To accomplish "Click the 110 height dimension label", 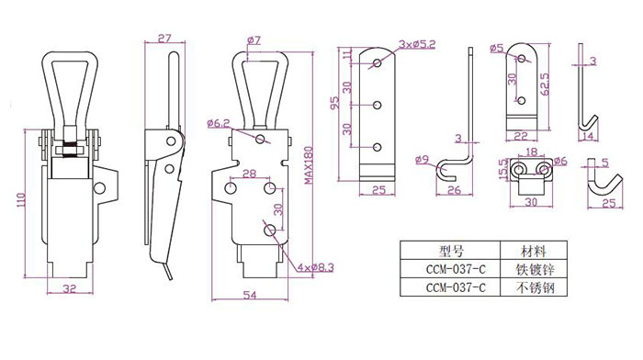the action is tap(21, 199).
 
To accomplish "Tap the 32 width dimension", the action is tap(70, 288).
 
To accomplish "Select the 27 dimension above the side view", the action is tap(164, 39).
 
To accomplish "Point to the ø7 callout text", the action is tap(254, 40).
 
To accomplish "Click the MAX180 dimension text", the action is tap(309, 165).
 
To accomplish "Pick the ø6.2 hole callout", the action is tap(219, 123).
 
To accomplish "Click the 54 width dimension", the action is tap(250, 295).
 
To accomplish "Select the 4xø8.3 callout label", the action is tap(316, 268).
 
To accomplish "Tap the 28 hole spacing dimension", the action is tap(249, 174).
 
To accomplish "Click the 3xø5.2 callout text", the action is tap(417, 44).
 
